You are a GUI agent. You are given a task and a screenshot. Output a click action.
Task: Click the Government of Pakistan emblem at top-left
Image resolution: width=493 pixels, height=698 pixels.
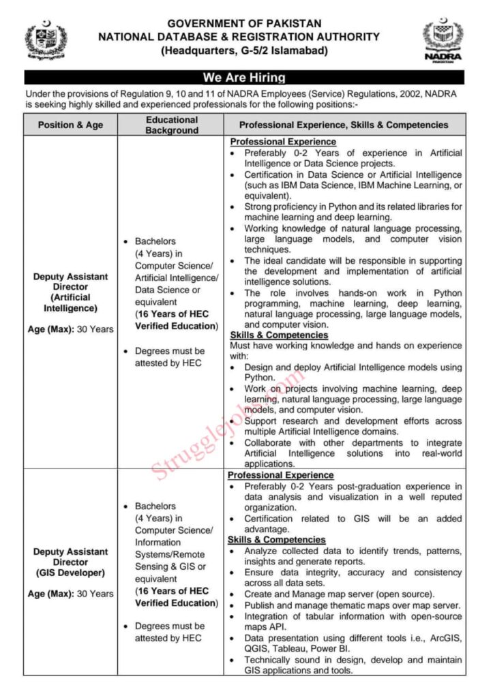pos(46,40)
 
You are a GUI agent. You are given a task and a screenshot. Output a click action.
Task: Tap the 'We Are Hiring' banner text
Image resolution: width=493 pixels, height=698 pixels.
pos(244,78)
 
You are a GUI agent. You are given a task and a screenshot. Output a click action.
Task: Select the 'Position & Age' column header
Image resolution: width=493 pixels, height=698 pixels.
pos(70,125)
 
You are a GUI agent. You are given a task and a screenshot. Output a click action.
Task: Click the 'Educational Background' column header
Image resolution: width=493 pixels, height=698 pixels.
pos(172,125)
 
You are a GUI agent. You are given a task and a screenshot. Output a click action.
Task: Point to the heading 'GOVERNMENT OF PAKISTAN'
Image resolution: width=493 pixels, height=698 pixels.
pos(244,23)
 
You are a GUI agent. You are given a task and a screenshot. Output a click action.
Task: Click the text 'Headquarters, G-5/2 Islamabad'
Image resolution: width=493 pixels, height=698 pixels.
pos(244,51)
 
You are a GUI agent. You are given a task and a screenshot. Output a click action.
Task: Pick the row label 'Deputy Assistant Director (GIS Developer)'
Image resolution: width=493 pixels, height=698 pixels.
pos(70,562)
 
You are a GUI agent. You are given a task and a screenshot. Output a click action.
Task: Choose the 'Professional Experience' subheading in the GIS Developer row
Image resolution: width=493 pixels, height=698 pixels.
pos(280,474)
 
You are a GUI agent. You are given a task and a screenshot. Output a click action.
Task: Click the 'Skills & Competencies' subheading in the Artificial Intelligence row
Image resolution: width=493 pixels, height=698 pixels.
pos(279,335)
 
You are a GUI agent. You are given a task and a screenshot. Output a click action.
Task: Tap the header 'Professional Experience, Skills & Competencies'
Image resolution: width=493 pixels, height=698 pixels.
pos(344,125)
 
